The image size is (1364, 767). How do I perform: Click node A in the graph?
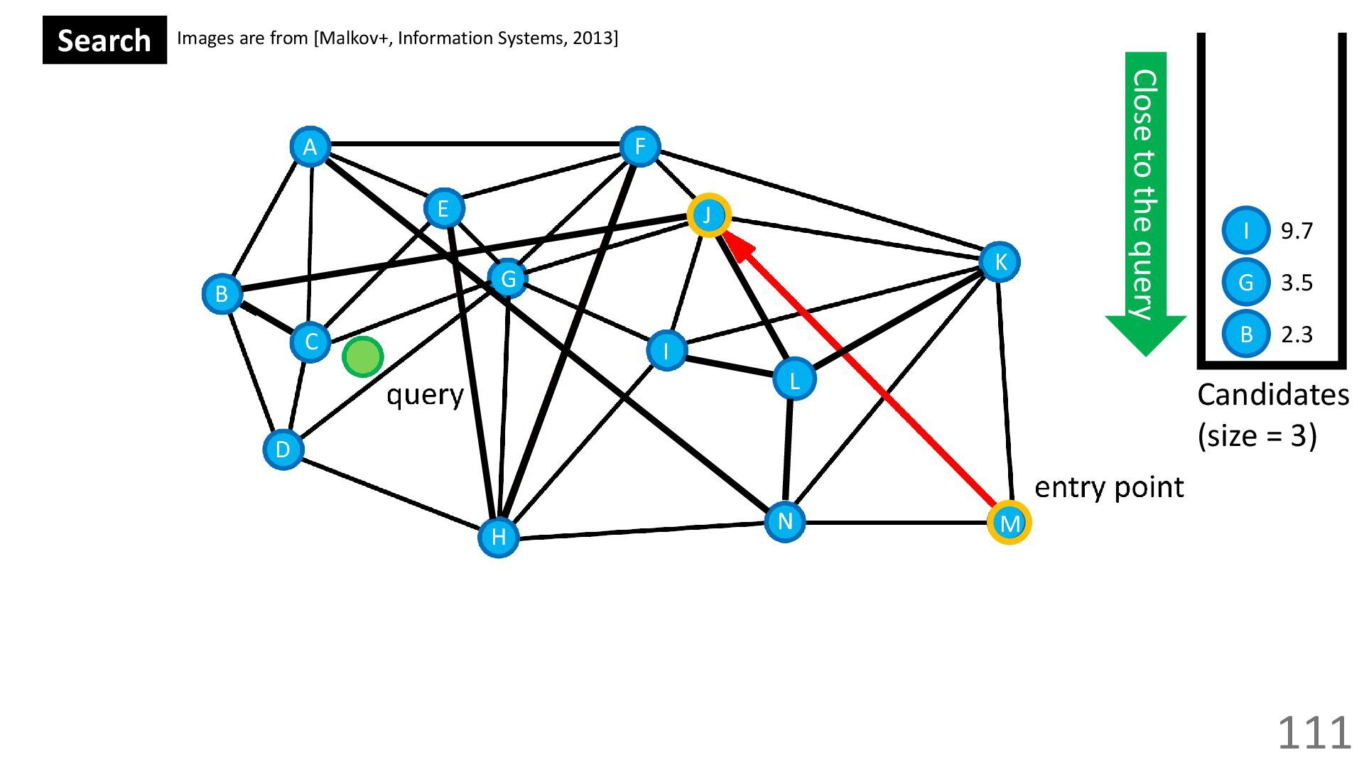310,147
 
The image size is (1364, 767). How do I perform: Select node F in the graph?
640,147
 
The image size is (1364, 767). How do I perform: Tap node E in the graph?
444,208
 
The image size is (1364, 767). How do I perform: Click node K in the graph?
1000,262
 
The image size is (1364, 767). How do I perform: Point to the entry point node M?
1009,523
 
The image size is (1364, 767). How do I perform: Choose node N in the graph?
785,522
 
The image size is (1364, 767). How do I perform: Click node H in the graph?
499,537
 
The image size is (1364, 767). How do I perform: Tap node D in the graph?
283,450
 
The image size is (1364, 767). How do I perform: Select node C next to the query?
310,342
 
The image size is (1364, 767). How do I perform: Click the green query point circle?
363,357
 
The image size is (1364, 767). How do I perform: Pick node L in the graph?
794,379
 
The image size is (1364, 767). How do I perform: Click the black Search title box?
104,40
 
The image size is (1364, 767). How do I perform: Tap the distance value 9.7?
1297,231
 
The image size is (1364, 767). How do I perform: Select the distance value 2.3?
1297,334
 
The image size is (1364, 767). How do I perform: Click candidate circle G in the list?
1246,283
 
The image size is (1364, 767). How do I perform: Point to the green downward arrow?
1145,199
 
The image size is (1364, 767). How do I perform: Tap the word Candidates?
1272,395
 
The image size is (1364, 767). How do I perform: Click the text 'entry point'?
1109,487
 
